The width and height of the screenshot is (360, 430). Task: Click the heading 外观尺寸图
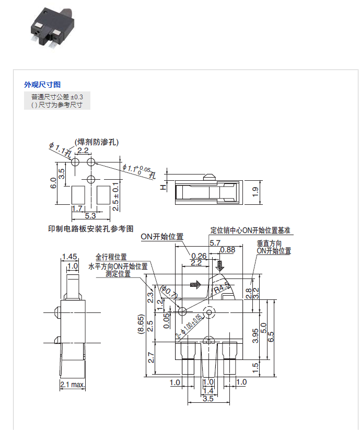[x=42, y=85]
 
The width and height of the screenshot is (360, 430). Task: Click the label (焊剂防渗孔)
[x=97, y=142]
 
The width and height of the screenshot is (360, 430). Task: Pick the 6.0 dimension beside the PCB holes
[x=52, y=183]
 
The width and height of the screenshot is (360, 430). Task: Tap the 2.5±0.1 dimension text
[x=116, y=196]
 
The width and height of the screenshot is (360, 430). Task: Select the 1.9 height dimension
[x=256, y=192]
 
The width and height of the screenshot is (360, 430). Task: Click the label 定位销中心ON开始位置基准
[x=250, y=230]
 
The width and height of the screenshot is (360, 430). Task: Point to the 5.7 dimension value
[x=214, y=243]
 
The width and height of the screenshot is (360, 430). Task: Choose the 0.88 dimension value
[x=228, y=250]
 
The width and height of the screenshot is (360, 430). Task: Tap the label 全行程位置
[x=111, y=257]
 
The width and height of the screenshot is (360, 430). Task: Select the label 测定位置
[x=118, y=273]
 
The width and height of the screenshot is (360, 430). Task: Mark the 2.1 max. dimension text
[x=73, y=385]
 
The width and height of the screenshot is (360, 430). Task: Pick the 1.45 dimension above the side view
[x=69, y=257]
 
